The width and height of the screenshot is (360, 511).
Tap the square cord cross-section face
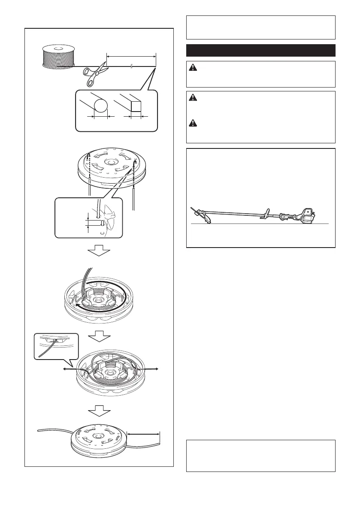click(137, 106)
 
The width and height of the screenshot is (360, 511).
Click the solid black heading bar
click(260, 50)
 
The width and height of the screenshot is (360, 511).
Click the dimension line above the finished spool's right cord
click(143, 434)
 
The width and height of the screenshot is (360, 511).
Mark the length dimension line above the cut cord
click(131, 56)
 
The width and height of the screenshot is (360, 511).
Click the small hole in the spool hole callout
click(101, 224)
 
